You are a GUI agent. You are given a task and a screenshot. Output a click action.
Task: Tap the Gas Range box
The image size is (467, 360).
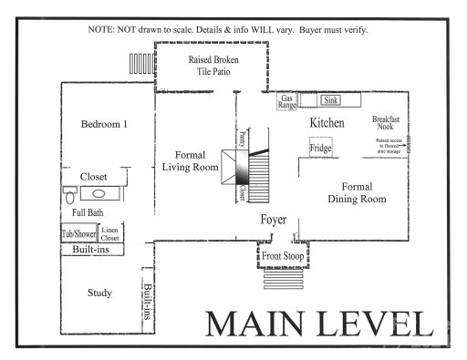click(x=286, y=101)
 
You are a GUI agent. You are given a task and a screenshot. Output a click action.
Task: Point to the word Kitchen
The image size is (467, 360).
click(x=327, y=122)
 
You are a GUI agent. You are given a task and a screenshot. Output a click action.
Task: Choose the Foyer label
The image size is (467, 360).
click(x=274, y=219)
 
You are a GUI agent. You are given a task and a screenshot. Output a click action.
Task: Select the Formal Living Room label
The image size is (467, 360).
click(x=190, y=161)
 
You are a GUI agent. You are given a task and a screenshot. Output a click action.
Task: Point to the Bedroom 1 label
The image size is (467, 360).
click(x=103, y=125)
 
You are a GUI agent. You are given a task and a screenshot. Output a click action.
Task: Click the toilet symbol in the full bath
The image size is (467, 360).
click(x=69, y=194)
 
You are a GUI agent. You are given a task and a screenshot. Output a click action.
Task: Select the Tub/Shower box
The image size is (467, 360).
click(x=78, y=233)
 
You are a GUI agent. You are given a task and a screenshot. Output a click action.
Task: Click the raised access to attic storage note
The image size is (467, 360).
click(x=389, y=144)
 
